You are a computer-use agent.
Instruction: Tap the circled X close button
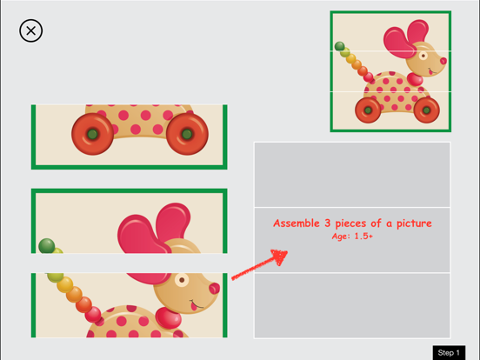click(31, 31)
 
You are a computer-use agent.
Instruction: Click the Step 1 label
click(449, 352)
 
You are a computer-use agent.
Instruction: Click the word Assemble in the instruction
click(298, 223)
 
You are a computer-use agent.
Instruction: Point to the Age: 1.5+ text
click(352, 237)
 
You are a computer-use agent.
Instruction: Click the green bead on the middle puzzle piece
click(47, 245)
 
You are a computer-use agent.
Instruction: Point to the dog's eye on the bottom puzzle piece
click(182, 281)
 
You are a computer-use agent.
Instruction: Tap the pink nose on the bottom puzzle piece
click(214, 288)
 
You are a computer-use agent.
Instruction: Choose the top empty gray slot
click(351, 174)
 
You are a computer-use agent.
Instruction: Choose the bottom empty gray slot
click(351, 305)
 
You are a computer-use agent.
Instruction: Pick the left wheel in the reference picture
click(368, 110)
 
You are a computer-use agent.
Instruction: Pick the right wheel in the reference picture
click(425, 110)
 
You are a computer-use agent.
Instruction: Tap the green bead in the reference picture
click(339, 46)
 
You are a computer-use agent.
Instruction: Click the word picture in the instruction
click(410, 223)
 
